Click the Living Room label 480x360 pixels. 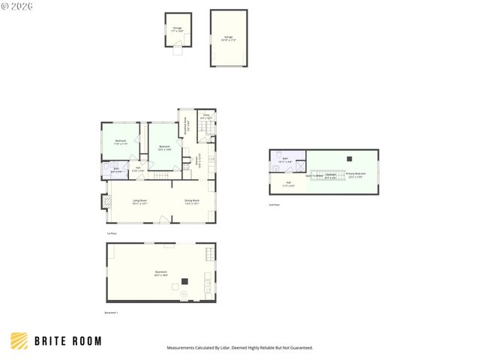139,201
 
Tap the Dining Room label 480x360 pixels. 192,201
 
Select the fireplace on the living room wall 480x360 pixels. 103,201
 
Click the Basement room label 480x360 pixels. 160,272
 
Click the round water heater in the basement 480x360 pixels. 184,295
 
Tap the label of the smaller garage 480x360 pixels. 177,29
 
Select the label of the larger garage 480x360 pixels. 228,37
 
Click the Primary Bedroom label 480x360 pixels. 355,175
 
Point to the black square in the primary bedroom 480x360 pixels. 348,158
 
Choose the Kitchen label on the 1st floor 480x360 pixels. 198,160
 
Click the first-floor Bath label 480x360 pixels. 116,169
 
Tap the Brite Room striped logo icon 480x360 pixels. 20,341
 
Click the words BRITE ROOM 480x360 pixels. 67,341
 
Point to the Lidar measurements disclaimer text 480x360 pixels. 239,348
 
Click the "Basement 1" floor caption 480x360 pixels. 111,311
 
